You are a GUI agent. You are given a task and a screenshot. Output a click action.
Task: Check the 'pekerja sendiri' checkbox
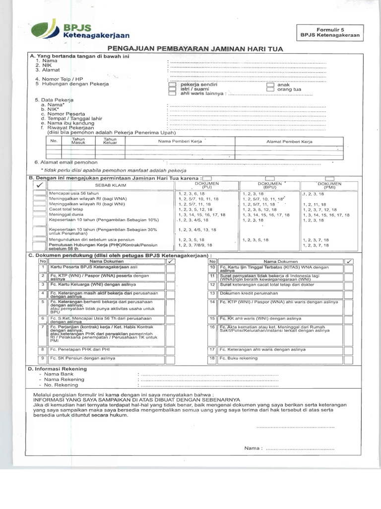point(172,85)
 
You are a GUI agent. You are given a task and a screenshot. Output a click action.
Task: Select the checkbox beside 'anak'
point(270,85)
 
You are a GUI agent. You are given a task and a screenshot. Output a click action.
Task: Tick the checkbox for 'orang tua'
point(270,89)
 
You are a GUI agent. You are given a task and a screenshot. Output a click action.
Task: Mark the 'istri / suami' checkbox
point(172,89)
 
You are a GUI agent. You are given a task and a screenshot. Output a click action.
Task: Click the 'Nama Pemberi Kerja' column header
point(180,142)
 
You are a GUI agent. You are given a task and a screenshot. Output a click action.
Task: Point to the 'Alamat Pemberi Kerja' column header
point(289,142)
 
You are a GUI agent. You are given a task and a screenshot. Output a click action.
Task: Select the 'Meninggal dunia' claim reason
point(65,214)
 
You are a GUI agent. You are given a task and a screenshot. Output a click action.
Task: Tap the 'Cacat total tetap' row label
point(66,209)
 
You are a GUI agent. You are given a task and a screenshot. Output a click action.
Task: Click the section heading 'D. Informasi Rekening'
point(58,368)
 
